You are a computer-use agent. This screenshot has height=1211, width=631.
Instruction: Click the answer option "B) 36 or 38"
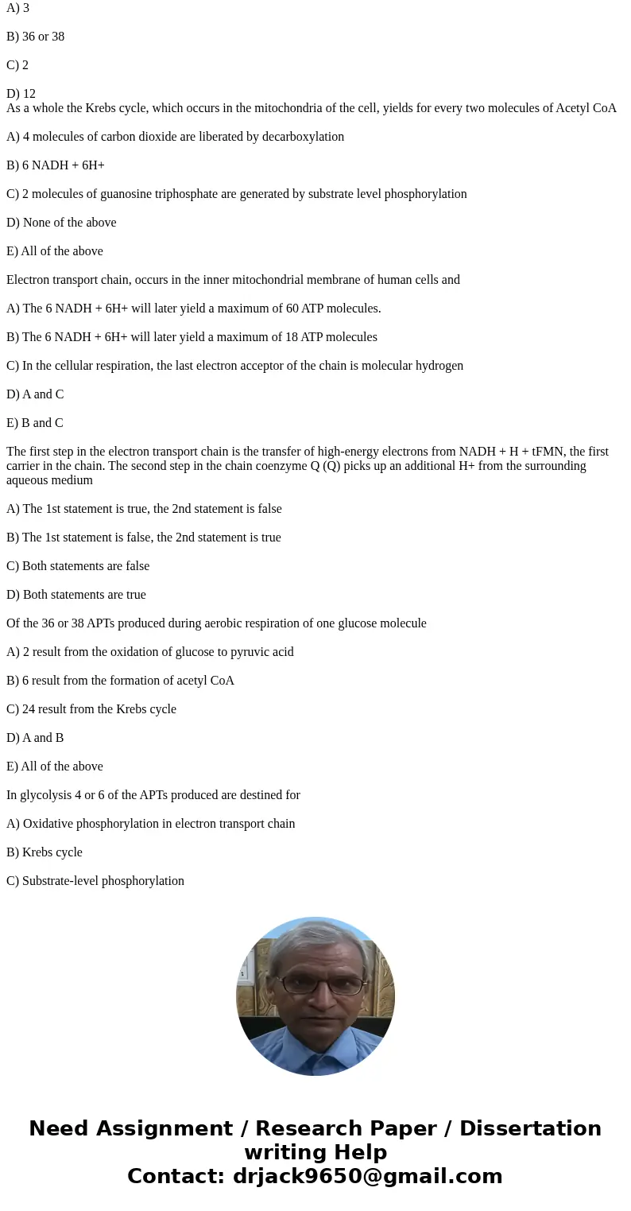click(x=35, y=37)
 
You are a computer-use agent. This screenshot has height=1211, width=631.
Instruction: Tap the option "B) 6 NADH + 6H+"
click(x=56, y=165)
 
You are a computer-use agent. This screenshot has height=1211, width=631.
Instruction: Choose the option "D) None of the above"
click(x=61, y=223)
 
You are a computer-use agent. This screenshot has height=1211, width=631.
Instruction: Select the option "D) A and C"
click(x=35, y=394)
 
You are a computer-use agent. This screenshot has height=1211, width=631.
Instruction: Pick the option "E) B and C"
click(x=35, y=423)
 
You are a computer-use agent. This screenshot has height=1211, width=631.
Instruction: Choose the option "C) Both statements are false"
click(x=78, y=566)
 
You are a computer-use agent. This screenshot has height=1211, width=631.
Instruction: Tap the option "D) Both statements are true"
click(x=76, y=595)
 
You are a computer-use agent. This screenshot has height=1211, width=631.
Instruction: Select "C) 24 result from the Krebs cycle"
click(x=91, y=709)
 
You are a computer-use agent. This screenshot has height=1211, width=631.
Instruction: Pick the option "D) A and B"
click(x=35, y=738)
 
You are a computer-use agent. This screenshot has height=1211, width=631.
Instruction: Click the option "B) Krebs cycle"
click(x=45, y=852)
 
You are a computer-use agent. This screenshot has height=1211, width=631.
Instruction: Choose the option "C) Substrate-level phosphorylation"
click(x=95, y=881)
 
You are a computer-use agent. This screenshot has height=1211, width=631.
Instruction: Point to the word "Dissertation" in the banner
click(x=530, y=1129)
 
